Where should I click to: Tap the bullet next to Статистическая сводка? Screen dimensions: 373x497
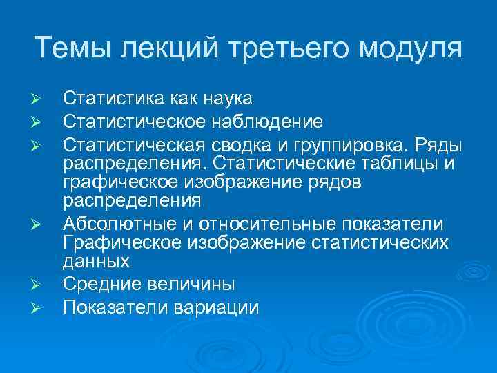click(x=40, y=147)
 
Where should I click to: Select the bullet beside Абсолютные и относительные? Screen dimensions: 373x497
click(x=40, y=227)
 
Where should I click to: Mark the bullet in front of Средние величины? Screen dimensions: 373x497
click(x=40, y=285)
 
